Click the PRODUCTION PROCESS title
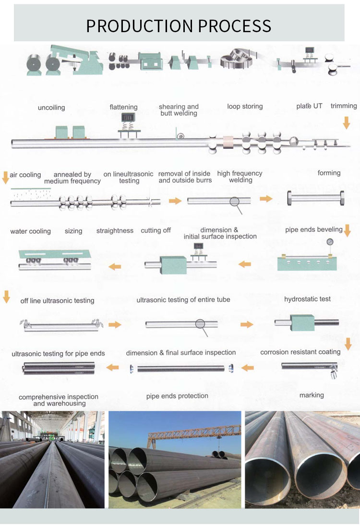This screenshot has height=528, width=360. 179,25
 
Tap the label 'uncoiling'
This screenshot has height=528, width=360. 51,108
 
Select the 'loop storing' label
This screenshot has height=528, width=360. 245,106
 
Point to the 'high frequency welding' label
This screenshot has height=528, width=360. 240,177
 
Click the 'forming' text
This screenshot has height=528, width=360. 329,173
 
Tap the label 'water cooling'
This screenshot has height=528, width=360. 30,231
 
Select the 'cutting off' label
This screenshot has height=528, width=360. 156,230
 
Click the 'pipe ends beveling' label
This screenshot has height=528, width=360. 314,229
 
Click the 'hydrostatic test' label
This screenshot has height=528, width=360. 307,299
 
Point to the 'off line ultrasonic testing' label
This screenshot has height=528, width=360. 57,300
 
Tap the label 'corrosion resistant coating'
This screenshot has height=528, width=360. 300,352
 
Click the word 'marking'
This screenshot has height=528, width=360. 312,395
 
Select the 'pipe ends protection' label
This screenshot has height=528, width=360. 177,396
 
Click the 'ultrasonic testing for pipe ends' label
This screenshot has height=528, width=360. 58,354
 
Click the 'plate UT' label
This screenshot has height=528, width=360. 311,106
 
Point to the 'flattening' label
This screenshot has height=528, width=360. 123,107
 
